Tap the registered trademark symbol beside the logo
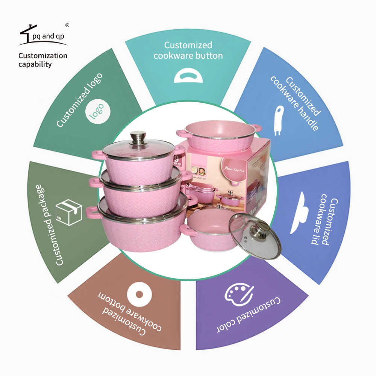67,25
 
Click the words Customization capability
42,60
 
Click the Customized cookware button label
188,50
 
